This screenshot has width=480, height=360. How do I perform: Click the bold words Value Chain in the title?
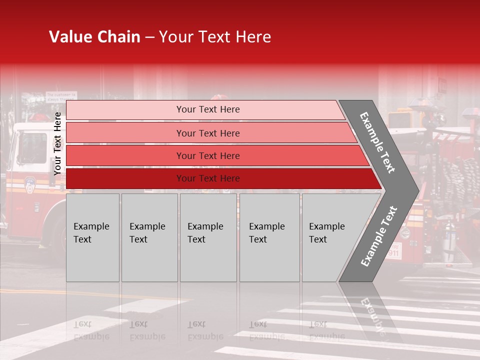94,37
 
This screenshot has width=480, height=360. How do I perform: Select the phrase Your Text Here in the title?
215,37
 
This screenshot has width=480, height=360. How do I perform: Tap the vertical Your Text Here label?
57,143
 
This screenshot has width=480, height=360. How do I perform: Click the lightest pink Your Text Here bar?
207,109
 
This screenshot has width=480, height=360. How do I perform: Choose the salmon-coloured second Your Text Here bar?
207,133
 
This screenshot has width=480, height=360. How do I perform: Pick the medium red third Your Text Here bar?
207,155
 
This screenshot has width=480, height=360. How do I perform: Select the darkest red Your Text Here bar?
207,178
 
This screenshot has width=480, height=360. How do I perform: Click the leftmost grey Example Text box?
92,237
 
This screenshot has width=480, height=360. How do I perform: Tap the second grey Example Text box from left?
149,237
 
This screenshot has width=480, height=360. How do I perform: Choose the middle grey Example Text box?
208,237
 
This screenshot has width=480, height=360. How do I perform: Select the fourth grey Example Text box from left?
269,237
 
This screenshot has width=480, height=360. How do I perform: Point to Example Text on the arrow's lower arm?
379,236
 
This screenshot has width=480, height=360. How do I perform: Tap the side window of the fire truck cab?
32,148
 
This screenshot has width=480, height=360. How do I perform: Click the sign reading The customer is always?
61,96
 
